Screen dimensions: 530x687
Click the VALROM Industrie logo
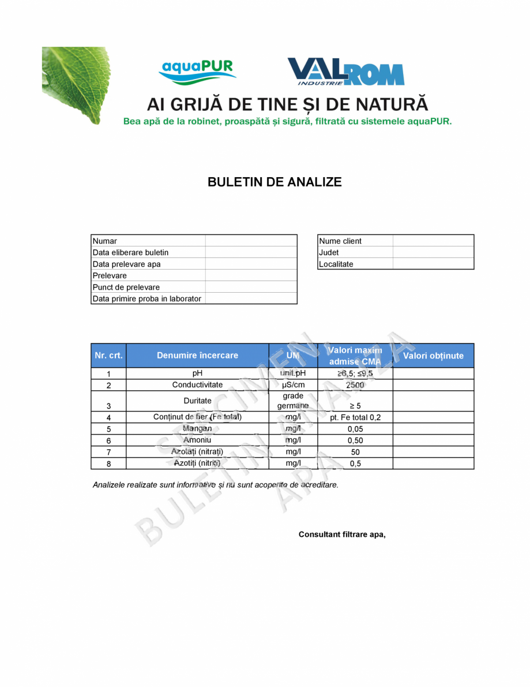click(x=345, y=72)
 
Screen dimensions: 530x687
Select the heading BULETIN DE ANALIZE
click(x=275, y=182)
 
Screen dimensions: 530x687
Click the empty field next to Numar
click(x=251, y=241)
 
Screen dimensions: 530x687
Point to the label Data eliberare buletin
click(x=131, y=252)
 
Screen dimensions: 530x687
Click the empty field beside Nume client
click(x=433, y=241)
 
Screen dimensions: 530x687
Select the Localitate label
click(x=336, y=264)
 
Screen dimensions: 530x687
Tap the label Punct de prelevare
click(x=126, y=287)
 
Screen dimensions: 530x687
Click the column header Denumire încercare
click(x=197, y=356)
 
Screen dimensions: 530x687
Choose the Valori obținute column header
click(x=433, y=356)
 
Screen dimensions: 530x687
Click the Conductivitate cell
click(x=197, y=385)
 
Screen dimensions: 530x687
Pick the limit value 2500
click(x=355, y=385)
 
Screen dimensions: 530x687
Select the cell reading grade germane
click(x=293, y=401)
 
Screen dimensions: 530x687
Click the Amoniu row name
click(x=197, y=440)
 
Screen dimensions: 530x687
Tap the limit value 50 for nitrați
click(x=355, y=452)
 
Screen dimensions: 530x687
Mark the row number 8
click(x=108, y=464)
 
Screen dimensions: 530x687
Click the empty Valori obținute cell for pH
click(x=433, y=374)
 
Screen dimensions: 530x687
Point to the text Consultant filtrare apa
click(x=342, y=535)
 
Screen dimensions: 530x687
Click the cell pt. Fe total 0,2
click(x=355, y=417)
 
